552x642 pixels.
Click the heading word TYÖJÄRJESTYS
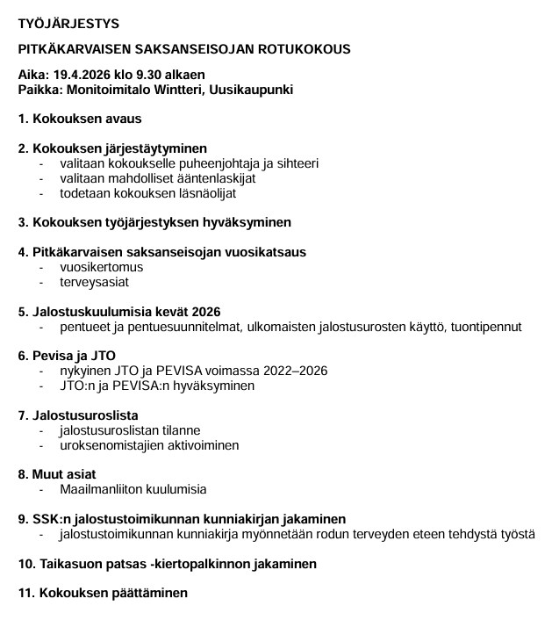68,23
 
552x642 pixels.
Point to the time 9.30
154,76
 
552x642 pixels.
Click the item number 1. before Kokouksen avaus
23,119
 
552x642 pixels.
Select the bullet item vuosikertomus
101,267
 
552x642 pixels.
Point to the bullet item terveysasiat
94,282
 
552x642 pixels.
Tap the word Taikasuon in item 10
65,563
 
